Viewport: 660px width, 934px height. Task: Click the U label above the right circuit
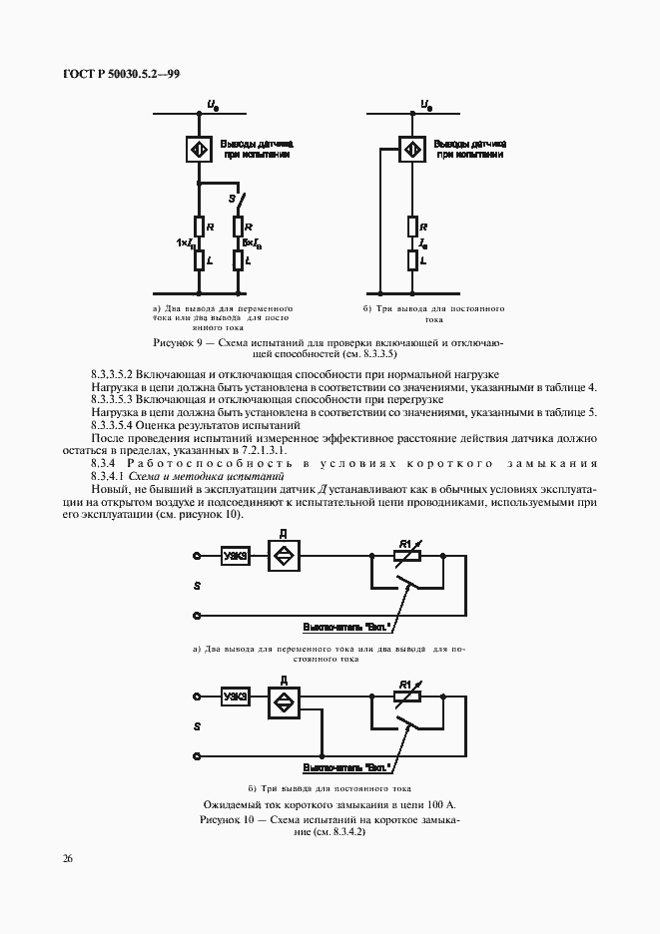pyautogui.click(x=425, y=104)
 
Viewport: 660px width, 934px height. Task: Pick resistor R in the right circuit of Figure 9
pyautogui.click(x=411, y=227)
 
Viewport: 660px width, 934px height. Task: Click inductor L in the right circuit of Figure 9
pyautogui.click(x=411, y=260)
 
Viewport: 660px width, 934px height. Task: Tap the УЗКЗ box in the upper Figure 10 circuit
pyautogui.click(x=236, y=557)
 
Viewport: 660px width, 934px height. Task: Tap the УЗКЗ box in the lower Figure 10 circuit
pyautogui.click(x=236, y=697)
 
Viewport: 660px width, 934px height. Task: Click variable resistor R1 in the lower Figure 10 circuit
pyautogui.click(x=404, y=696)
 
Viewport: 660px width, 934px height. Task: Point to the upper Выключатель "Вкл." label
pyautogui.click(x=345, y=628)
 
